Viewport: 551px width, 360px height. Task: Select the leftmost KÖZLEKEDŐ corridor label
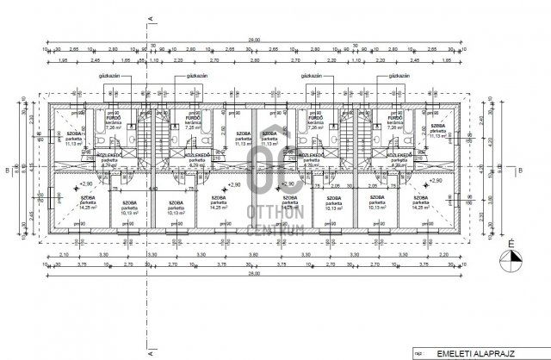[110, 156]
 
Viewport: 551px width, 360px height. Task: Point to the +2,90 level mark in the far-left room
[85, 183]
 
